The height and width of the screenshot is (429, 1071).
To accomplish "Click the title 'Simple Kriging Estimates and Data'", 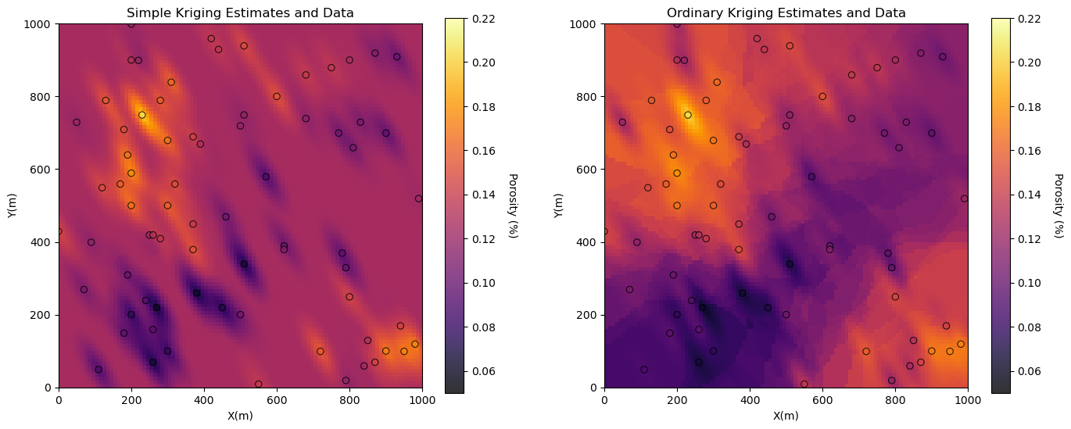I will [240, 13].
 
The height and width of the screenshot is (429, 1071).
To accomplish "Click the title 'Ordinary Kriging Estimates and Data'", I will [786, 13].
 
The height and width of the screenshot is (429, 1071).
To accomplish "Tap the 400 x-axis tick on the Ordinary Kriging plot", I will [750, 402].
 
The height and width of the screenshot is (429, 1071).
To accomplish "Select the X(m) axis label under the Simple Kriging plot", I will [240, 416].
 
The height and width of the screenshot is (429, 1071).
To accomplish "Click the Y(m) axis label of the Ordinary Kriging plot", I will [559, 206].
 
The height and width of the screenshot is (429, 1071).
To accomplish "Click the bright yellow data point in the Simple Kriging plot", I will [142, 115].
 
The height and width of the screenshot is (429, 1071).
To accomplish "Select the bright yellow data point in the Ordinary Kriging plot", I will [688, 115].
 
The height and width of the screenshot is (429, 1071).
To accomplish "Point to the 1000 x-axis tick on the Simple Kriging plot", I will [422, 402].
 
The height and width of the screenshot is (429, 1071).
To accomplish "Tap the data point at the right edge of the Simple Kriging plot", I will [418, 198].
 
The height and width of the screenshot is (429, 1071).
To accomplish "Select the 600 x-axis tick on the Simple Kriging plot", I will [277, 402].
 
